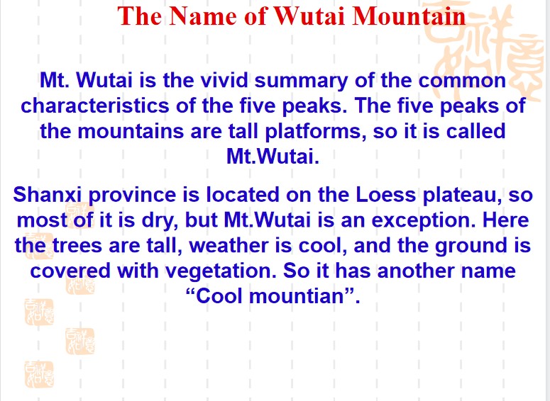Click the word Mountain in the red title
tap(409, 16)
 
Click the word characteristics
tap(94, 105)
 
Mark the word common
tap(462, 81)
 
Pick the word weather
tap(229, 245)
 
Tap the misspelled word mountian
tap(297, 296)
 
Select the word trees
tap(77, 246)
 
